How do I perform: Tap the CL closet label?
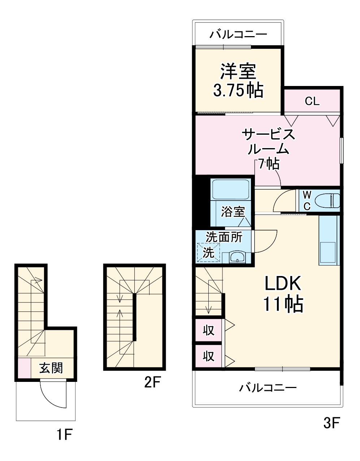pos(312,101)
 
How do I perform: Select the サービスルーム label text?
pos(268,142)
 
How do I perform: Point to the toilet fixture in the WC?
pos(327,200)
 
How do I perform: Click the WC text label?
pos(307,201)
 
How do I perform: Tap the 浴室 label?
pos(233,212)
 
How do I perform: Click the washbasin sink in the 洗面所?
pos(237,258)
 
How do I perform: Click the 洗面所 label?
pos(224,237)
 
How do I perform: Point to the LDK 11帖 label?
pos(283,294)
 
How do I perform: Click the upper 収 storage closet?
pos(209,330)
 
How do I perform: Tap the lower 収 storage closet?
pos(209,356)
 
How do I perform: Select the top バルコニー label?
pos(239,35)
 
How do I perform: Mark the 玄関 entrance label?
pos(51,368)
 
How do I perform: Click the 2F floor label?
pos(152,382)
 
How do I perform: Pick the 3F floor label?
pos(331,422)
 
